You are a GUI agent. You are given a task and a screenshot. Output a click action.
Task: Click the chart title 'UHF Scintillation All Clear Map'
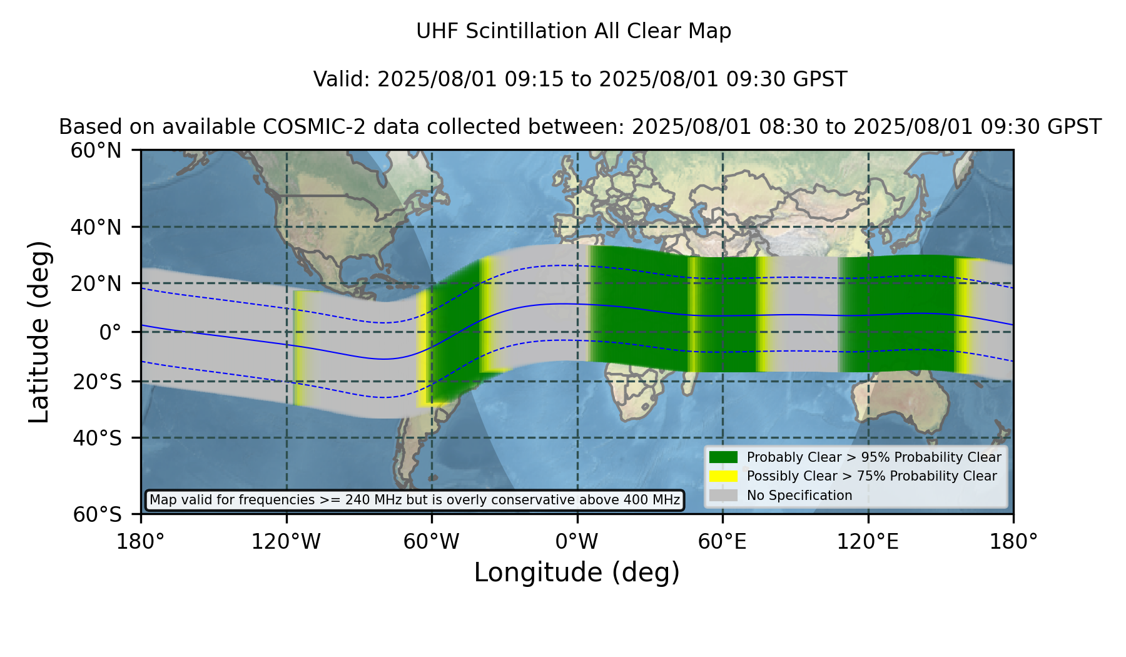(574, 31)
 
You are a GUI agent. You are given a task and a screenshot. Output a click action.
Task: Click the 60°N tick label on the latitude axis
(96, 151)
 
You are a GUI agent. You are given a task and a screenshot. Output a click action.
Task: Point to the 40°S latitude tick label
(97, 438)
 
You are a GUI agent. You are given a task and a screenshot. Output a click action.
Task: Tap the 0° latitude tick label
(110, 332)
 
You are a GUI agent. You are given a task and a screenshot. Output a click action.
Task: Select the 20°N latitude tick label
(96, 283)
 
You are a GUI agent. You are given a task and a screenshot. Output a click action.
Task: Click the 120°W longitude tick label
(286, 541)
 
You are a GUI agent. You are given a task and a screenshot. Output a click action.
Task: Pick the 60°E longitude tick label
(723, 541)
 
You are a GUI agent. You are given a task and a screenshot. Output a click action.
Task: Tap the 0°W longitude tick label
(577, 541)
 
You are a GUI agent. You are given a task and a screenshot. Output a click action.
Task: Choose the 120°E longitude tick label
(868, 541)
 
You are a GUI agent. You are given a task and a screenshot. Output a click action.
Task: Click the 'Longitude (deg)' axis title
(577, 573)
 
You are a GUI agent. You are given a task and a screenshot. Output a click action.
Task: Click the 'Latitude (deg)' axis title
(39, 332)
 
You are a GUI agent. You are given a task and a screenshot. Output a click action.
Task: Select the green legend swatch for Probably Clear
(724, 457)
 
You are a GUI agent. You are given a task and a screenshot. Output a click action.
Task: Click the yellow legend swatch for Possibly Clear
(724, 476)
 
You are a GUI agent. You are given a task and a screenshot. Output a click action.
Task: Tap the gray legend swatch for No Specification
(724, 496)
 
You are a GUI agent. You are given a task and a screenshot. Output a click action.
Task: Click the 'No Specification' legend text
(799, 496)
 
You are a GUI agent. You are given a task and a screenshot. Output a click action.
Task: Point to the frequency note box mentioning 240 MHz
(415, 500)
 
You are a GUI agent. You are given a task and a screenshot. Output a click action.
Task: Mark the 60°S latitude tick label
(97, 515)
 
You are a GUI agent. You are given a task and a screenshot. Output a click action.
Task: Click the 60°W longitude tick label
(432, 541)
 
